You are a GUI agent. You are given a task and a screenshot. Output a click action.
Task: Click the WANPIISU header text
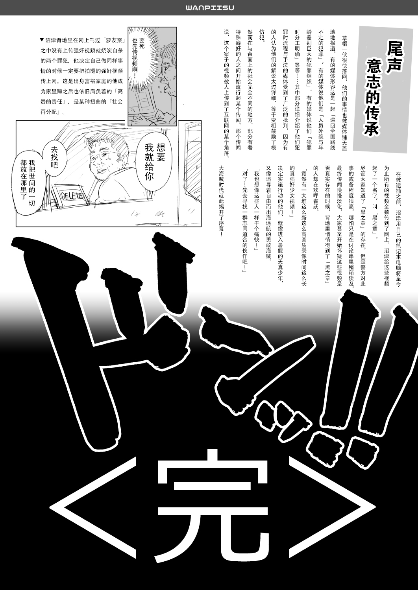coord(209,7)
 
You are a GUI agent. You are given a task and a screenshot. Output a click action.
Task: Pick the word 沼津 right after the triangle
coord(50,40)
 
